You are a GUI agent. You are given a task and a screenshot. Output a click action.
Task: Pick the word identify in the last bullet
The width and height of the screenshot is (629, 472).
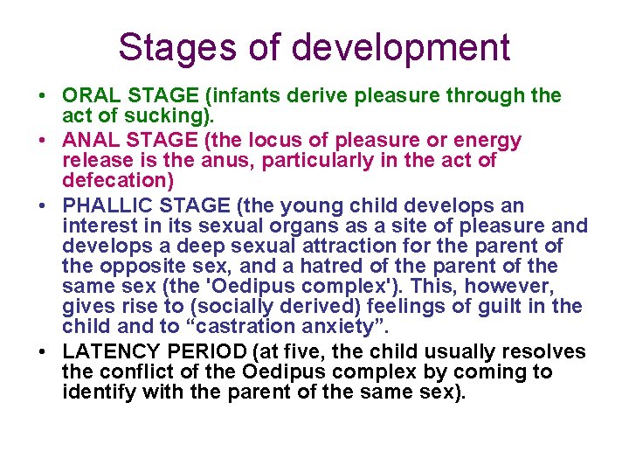96,393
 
